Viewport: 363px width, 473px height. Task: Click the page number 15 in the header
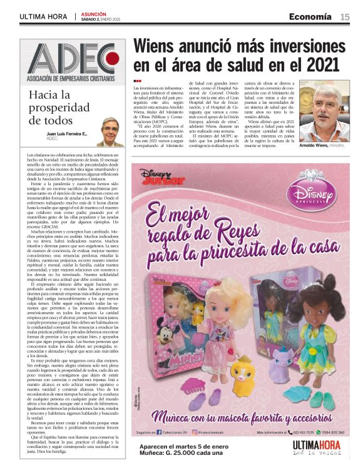[x=345, y=17]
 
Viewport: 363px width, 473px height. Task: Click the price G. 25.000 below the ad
[x=190, y=454]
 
